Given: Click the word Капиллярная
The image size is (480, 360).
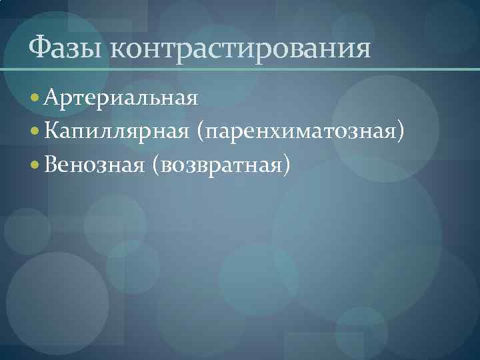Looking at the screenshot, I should coord(119,131).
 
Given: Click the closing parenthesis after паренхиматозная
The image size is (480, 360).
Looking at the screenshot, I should coord(401,131).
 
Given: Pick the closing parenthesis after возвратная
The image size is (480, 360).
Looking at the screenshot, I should coord(287,163).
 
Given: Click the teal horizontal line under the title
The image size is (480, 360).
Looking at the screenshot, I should coord(240,69).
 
